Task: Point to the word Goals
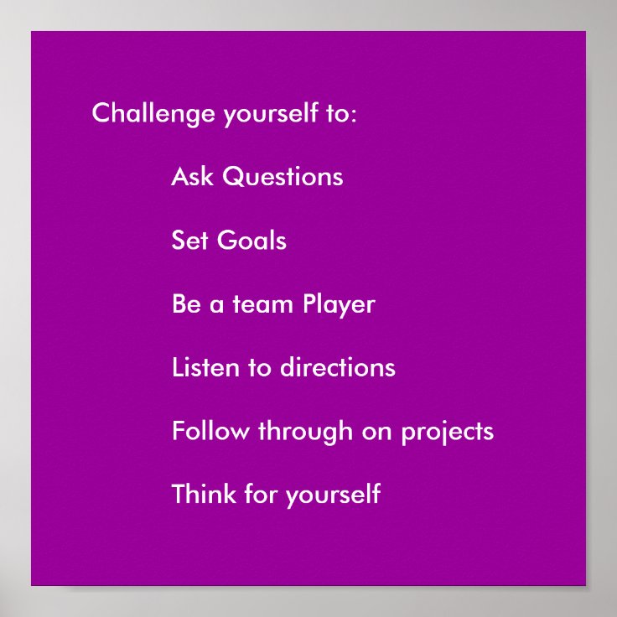[251, 241]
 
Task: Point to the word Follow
[210, 431]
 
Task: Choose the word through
[305, 432]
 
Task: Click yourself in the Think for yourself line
[333, 495]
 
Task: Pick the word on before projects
[377, 432]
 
